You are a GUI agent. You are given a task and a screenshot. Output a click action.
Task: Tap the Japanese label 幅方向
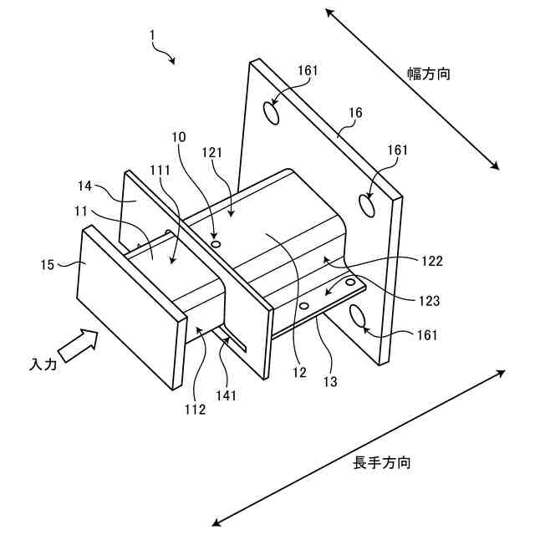pos(431,74)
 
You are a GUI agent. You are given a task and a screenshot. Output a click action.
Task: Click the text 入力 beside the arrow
pos(43,364)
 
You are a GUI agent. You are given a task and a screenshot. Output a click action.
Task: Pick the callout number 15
pos(47,265)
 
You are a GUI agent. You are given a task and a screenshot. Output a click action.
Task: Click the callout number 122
pos(432,261)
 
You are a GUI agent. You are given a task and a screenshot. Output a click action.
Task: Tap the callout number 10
pos(179,136)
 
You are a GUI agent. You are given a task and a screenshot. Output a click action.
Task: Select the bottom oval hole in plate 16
pos(357,317)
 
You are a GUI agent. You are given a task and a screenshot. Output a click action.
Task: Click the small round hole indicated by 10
pos(217,244)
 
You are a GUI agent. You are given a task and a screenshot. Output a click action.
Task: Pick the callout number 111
pos(160,170)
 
